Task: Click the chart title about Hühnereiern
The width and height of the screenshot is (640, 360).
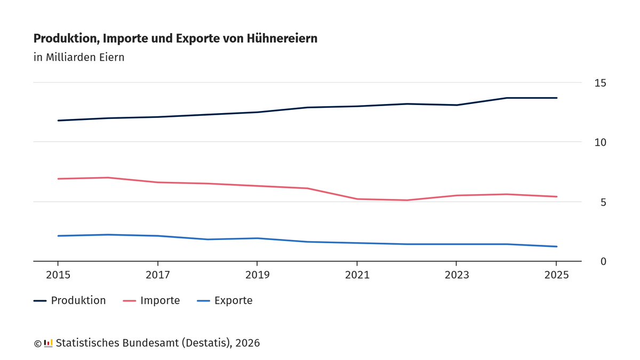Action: click(175, 38)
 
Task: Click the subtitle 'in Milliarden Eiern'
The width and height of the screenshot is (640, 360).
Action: click(79, 57)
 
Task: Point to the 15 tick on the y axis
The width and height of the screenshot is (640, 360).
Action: click(601, 83)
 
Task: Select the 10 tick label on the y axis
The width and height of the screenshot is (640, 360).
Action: click(601, 142)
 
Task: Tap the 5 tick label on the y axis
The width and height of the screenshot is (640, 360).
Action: click(603, 202)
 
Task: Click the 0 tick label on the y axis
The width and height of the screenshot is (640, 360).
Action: click(603, 261)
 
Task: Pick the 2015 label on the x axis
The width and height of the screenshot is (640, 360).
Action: click(58, 275)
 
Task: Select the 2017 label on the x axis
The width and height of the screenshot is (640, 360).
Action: click(158, 275)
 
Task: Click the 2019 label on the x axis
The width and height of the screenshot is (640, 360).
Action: click(258, 275)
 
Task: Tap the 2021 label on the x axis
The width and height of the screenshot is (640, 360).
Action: click(357, 275)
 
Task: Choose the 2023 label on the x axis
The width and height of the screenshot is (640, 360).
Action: click(457, 275)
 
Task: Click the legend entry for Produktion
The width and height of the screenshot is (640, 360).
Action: click(70, 301)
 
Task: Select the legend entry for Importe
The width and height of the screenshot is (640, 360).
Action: click(151, 301)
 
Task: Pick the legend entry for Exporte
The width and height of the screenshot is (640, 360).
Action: click(225, 301)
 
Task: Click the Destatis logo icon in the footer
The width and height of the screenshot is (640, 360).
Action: click(48, 343)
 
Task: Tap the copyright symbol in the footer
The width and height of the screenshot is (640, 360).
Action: click(37, 343)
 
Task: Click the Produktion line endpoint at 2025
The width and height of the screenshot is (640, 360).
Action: click(557, 98)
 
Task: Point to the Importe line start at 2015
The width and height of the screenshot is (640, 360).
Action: click(58, 179)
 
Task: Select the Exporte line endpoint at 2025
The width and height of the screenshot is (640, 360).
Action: click(557, 246)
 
